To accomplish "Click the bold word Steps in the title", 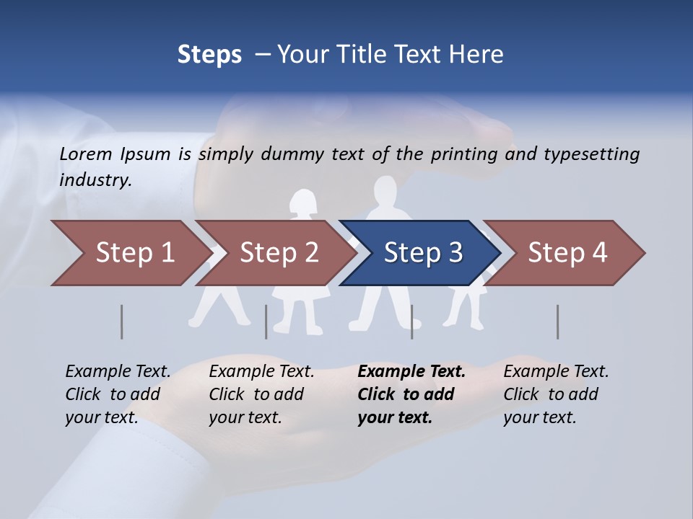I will (209, 55).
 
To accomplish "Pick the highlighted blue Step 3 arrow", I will (423, 253).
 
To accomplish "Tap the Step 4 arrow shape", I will (567, 253).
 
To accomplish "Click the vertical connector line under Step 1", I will (121, 321).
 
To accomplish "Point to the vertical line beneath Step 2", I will (266, 321).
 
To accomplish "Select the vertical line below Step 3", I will (411, 321).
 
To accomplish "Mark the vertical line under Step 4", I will (557, 321).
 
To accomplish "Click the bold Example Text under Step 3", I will (411, 372).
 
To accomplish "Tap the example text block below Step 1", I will (118, 394).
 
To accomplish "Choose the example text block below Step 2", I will (261, 394).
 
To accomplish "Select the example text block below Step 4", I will (556, 394).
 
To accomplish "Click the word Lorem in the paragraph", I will (86, 154).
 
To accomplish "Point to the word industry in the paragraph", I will (95, 179).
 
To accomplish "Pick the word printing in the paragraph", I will (461, 154).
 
